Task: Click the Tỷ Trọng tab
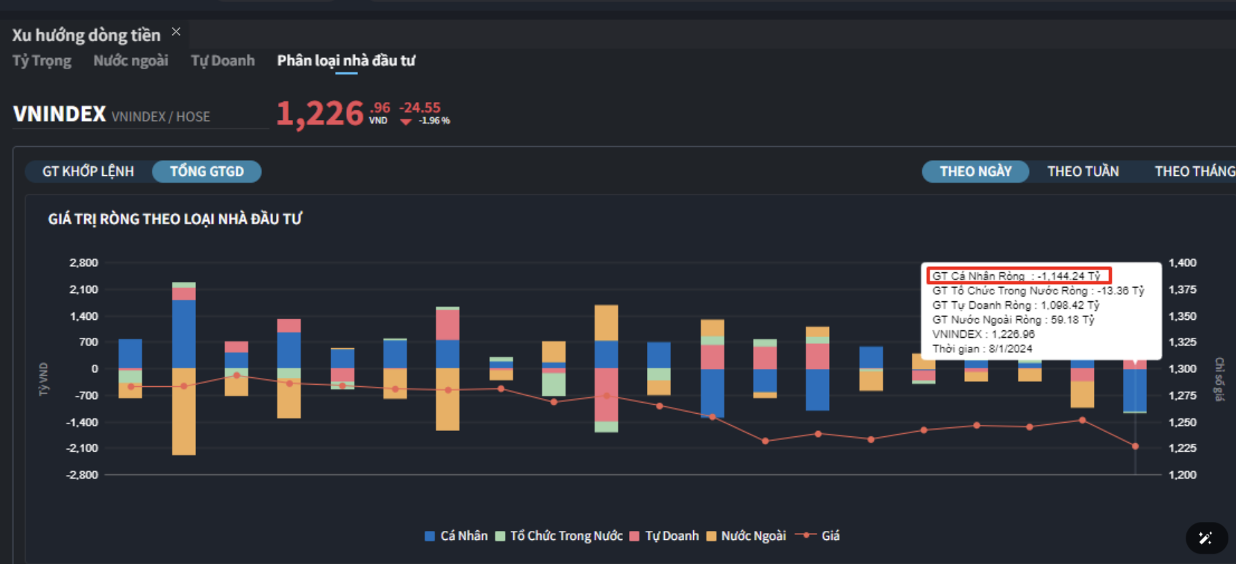coord(41,61)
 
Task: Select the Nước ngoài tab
coord(130,61)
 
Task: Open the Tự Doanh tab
coord(222,61)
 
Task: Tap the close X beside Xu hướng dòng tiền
coord(176,32)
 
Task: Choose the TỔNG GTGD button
coord(207,172)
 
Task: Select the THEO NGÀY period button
coord(975,172)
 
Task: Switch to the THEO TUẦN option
coord(1083,172)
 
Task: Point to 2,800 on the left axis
coord(83,263)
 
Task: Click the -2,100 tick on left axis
coord(82,448)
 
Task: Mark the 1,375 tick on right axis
coord(1182,290)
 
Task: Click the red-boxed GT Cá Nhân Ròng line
coord(1017,276)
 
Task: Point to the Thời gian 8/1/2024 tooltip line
coord(982,349)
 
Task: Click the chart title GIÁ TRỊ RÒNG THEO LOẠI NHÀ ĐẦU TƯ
coord(175,219)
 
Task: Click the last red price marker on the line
coord(1135,446)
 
